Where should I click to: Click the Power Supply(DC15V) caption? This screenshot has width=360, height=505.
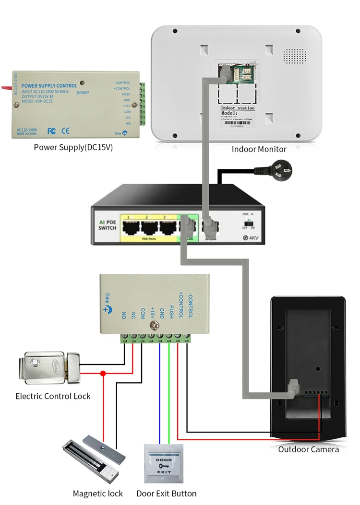click(73, 147)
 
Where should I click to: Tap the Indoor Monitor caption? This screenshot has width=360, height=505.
click(259, 149)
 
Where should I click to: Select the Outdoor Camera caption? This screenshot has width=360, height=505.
click(308, 449)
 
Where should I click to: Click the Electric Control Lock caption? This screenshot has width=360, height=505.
click(53, 396)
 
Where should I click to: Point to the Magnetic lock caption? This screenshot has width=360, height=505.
click(97, 493)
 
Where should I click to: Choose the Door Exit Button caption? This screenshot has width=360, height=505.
click(167, 493)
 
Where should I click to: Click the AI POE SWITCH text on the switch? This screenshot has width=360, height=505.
click(107, 225)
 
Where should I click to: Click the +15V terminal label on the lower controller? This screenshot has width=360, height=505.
click(152, 312)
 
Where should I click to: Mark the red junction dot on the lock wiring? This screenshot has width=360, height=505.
click(102, 373)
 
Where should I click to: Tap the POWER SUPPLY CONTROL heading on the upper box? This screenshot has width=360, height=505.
click(49, 86)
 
